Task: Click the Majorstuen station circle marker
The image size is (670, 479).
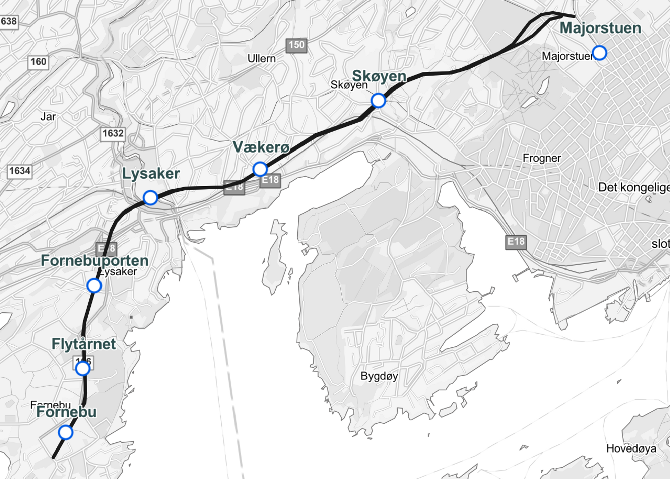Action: point(599,53)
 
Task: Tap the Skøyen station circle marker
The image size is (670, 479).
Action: point(378,101)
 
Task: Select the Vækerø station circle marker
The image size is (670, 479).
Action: point(260,169)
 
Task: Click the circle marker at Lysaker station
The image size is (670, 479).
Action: point(150,198)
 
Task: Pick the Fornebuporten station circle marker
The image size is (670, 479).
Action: point(94,286)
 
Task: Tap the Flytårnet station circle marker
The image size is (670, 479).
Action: point(83,369)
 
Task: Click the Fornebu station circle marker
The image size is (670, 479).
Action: point(65,432)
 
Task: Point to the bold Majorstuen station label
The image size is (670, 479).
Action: point(600,28)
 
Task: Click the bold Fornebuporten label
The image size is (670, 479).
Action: point(94,261)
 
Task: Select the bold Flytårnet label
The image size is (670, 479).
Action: point(84,344)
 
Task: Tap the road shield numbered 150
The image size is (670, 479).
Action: point(296,45)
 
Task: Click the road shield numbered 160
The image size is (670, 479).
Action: point(38,62)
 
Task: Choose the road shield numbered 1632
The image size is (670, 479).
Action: point(113,134)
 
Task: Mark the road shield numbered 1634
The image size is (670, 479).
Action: point(20,171)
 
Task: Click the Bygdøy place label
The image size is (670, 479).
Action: point(379,376)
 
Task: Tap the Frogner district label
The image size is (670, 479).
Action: point(542,158)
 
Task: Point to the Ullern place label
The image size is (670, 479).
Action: point(261,59)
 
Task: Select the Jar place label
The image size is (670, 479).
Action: point(48,117)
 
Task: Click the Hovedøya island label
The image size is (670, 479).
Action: point(631,448)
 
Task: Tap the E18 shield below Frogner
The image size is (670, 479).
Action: point(516,242)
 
